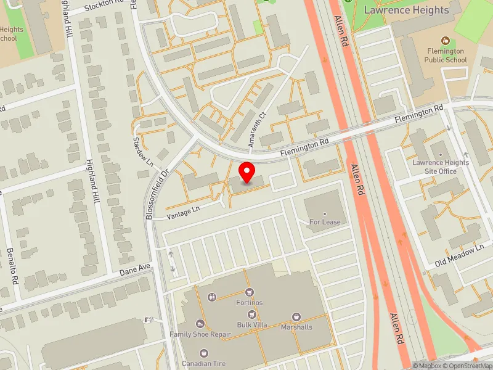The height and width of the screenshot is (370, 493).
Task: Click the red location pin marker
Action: (247, 172)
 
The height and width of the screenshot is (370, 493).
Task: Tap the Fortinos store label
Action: (249, 303)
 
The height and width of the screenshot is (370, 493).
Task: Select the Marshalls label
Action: (296, 327)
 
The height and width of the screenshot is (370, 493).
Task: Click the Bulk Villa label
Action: (251, 325)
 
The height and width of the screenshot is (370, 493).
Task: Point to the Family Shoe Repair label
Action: (200, 334)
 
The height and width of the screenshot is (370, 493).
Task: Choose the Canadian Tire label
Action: (203, 364)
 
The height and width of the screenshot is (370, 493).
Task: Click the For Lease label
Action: (325, 222)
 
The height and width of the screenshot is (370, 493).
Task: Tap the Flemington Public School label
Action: (446, 55)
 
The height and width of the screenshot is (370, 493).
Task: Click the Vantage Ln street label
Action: (183, 213)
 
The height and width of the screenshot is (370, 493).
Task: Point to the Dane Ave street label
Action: (135, 269)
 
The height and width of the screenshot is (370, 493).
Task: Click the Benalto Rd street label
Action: (12, 265)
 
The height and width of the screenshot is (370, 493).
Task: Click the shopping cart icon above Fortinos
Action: (249, 292)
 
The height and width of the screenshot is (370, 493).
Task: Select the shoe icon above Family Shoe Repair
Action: (200, 324)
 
